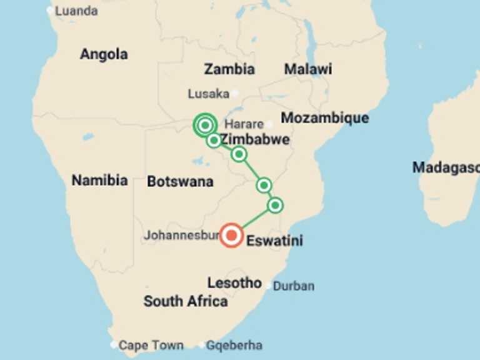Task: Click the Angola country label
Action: click(x=104, y=54)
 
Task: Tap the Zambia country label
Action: click(x=229, y=69)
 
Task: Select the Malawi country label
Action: click(x=308, y=69)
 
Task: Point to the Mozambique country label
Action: click(x=324, y=117)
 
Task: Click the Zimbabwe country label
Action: click(x=255, y=139)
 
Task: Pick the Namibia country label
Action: click(x=99, y=181)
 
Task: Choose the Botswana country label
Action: click(x=180, y=182)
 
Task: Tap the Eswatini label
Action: click(x=275, y=240)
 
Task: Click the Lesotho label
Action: click(x=234, y=282)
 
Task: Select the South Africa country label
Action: click(x=186, y=301)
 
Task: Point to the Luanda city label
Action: click(x=76, y=11)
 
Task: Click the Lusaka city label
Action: click(x=209, y=94)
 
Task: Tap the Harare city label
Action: click(x=244, y=124)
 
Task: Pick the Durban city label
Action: click(x=294, y=286)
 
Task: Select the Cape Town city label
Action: click(x=151, y=345)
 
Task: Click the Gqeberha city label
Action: click(x=234, y=345)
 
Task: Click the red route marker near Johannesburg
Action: click(x=232, y=235)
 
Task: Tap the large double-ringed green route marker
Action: click(x=204, y=126)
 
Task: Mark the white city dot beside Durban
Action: click(x=269, y=286)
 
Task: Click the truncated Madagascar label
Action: click(x=446, y=167)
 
